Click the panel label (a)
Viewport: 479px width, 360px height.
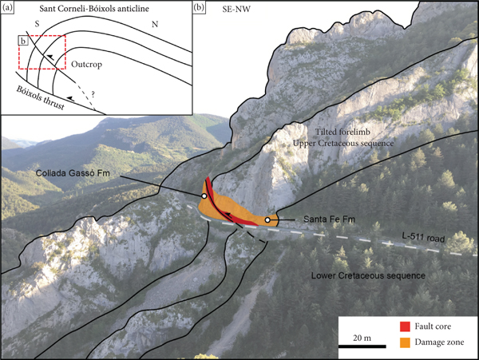(x=10, y=9)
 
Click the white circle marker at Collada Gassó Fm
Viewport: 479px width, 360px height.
(x=204, y=196)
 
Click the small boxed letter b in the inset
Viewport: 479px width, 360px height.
(x=23, y=41)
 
